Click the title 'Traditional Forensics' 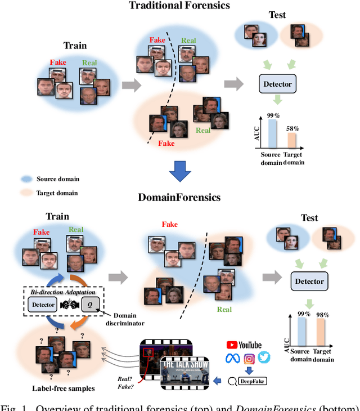[180, 6]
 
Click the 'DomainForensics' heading [180, 197]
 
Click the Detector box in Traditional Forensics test [278, 84]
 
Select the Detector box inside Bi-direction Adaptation [43, 305]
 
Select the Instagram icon [249, 358]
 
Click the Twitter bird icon [264, 357]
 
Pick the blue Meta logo [232, 358]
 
